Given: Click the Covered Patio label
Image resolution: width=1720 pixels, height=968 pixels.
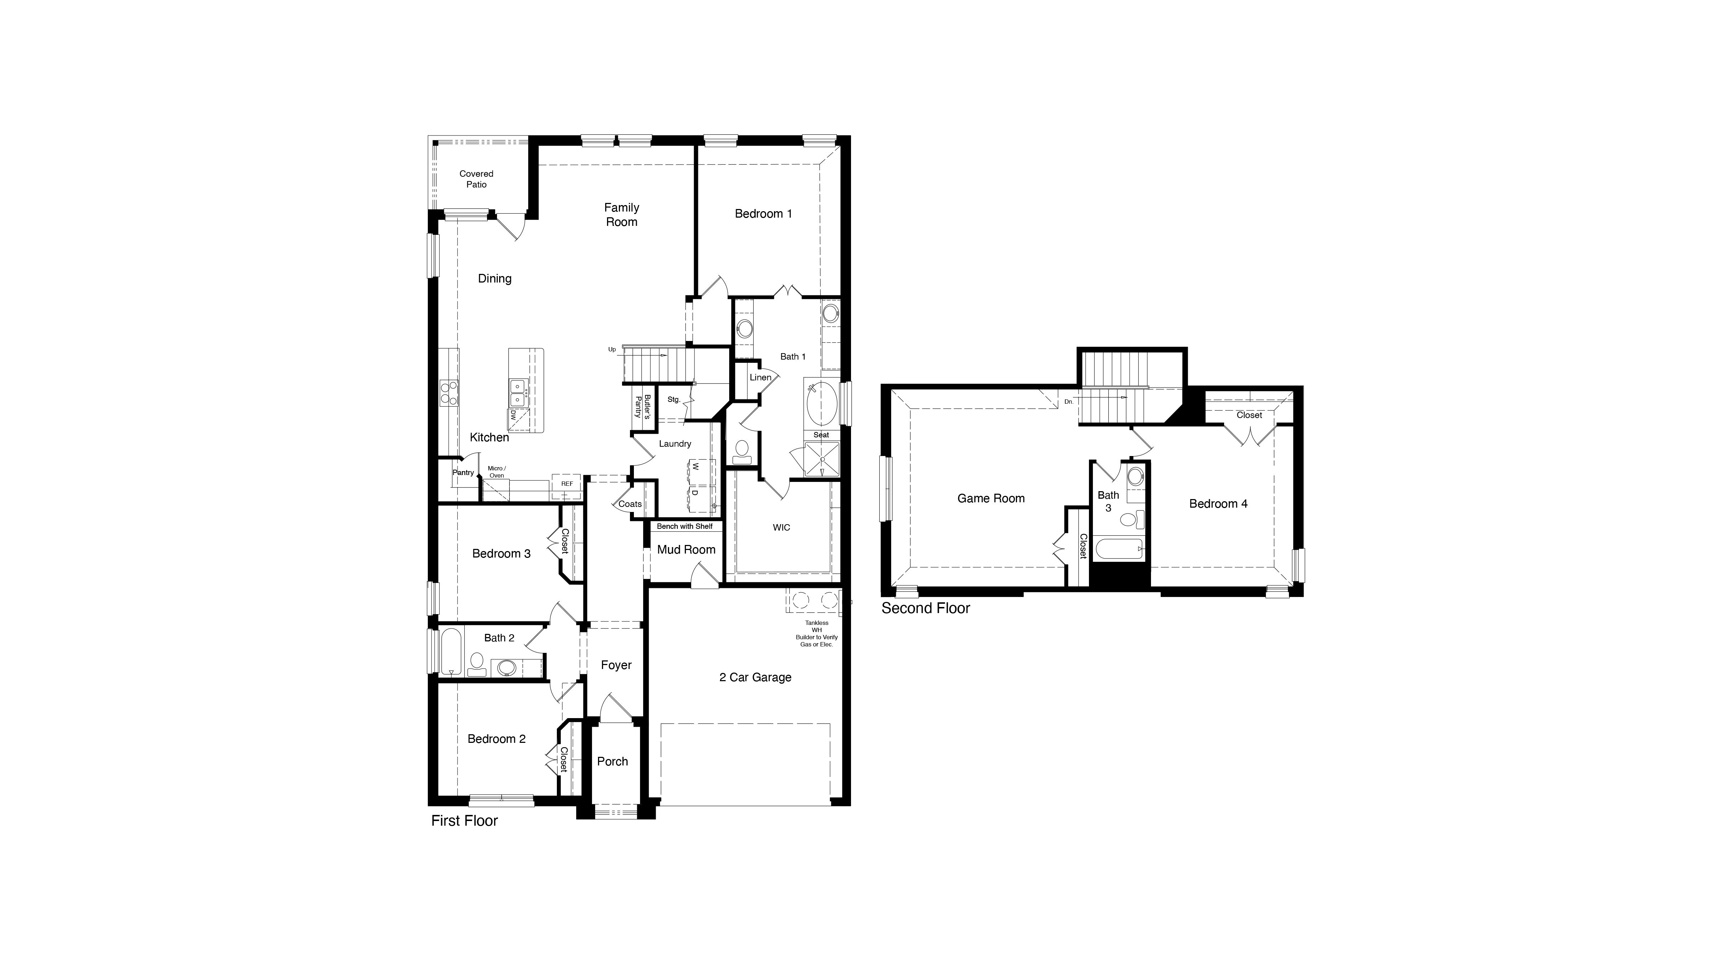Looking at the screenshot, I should pyautogui.click(x=476, y=179).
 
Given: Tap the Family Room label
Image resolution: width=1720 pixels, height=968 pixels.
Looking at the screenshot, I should pyautogui.click(x=622, y=214).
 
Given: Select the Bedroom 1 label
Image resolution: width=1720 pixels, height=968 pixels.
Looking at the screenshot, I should pyautogui.click(x=763, y=214).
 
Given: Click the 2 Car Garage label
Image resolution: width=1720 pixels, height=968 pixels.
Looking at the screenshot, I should pyautogui.click(x=755, y=677).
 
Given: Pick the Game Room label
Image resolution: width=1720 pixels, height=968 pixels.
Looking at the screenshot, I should pyautogui.click(x=991, y=498).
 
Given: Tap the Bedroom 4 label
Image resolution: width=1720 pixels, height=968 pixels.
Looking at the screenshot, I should pyautogui.click(x=1218, y=504).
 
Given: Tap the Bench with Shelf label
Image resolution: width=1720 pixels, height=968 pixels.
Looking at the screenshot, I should pyautogui.click(x=684, y=526).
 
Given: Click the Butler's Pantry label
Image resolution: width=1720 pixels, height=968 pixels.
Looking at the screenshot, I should pyautogui.click(x=642, y=406).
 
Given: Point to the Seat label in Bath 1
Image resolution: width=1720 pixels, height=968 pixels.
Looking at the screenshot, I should pyautogui.click(x=821, y=435).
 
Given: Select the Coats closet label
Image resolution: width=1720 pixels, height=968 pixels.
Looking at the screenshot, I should pyautogui.click(x=630, y=504).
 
